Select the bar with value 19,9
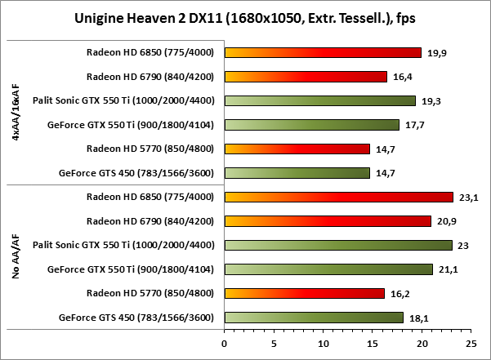click(x=323, y=53)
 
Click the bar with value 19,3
click(x=319, y=101)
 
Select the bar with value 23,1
click(x=338, y=197)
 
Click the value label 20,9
click(x=445, y=221)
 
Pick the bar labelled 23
click(x=337, y=245)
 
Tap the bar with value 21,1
click(x=328, y=269)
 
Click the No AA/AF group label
click(x=16, y=257)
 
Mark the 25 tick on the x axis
click(x=471, y=344)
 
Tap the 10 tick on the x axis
click(x=323, y=344)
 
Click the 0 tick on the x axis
click(x=225, y=344)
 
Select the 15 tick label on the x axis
click(x=372, y=344)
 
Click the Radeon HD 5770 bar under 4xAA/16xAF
click(x=297, y=149)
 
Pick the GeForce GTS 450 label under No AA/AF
click(x=140, y=318)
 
